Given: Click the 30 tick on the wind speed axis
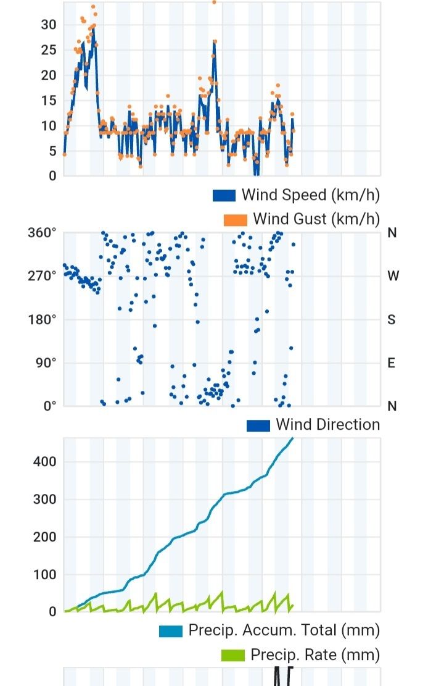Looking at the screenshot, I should coord(48,25).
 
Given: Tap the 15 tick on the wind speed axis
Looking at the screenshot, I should coord(48,101).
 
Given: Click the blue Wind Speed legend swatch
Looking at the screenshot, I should coord(224,196).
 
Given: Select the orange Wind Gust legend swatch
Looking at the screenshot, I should coord(236,220).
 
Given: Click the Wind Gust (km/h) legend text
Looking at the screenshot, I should coord(316,219).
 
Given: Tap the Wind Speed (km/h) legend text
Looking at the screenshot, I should coord(310,195).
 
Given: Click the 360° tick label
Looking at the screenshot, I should coord(42,233).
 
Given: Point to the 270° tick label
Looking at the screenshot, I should coord(42,276).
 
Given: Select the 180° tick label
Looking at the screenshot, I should coord(42,319).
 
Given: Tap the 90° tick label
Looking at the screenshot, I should coord(45,362).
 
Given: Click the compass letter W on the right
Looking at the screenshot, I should coord(393,276).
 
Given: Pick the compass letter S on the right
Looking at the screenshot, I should coord(392,319).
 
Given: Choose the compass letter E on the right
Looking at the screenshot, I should coord(391,362).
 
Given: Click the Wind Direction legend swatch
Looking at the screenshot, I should coord(258,425).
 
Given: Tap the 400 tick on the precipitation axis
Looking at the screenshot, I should coord(45,461).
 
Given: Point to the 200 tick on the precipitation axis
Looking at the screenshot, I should coord(45,537).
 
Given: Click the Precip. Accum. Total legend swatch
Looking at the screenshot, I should coord(171,631).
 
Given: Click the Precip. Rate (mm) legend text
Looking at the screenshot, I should coord(315,655).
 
